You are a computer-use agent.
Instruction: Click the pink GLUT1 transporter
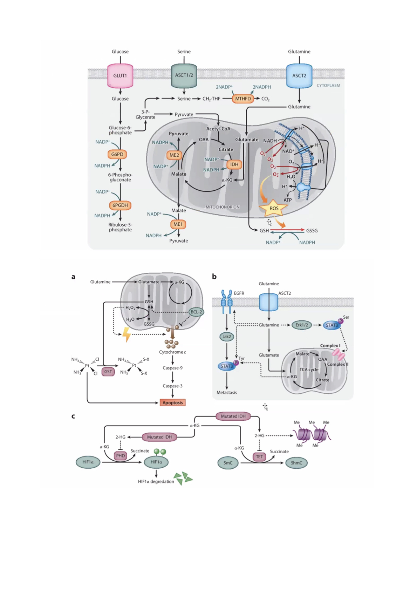120,75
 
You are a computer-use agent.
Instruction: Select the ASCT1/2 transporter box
184,75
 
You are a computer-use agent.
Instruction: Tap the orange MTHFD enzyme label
243,99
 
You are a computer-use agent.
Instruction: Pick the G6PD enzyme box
117,154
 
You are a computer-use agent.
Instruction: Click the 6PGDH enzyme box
120,205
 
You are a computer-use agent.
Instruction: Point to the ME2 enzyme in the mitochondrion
174,155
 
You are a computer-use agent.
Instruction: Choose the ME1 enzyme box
178,224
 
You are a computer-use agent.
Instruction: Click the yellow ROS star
274,208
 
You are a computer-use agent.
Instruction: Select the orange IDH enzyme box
234,164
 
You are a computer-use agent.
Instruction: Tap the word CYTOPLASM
328,86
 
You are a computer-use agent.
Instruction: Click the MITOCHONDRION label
222,207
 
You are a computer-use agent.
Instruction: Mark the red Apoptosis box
172,403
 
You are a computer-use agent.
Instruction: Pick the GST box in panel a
108,372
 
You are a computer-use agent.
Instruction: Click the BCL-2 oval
196,312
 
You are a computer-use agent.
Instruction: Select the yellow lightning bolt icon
127,334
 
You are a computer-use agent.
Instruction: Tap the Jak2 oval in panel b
227,337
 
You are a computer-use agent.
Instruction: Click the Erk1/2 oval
301,325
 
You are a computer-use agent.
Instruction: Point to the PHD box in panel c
120,456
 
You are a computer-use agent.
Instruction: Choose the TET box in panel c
259,457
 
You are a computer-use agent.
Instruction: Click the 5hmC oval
296,463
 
